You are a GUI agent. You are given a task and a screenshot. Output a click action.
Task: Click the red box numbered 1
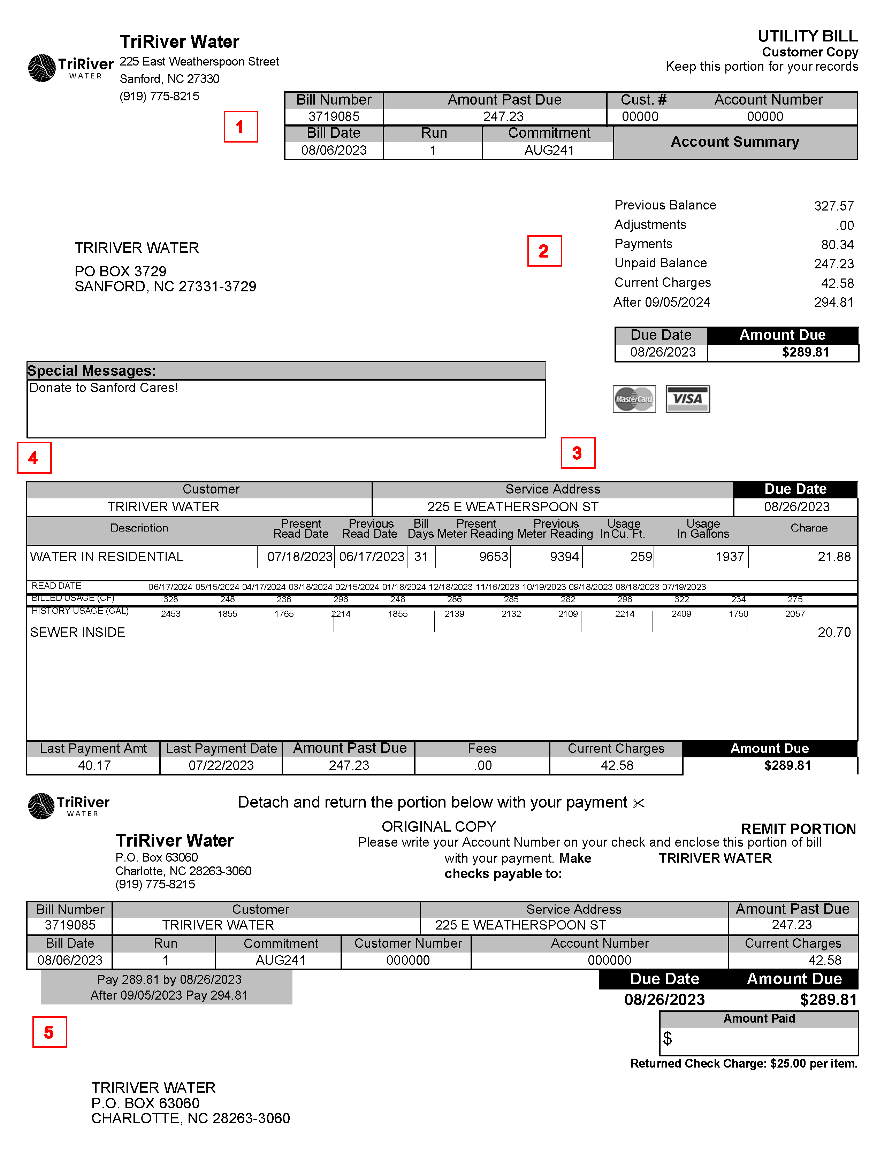[241, 127]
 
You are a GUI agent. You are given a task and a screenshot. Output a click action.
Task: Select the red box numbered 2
[544, 251]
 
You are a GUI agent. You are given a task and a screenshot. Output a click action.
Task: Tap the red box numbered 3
[578, 453]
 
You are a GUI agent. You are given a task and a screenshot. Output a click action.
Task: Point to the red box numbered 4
[34, 458]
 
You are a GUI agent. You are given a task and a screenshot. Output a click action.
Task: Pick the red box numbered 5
[49, 1032]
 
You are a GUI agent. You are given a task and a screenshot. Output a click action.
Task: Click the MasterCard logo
[634, 399]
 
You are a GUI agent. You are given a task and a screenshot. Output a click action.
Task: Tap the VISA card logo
[688, 399]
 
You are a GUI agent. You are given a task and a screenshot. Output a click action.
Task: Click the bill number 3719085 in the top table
[334, 117]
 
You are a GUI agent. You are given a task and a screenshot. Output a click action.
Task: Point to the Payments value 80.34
[837, 245]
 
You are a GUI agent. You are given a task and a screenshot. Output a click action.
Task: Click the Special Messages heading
[92, 370]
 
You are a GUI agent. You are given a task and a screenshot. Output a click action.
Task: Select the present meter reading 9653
[493, 557]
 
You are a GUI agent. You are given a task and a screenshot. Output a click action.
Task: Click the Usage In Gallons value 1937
[730, 557]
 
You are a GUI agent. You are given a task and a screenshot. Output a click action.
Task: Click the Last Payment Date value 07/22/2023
[221, 765]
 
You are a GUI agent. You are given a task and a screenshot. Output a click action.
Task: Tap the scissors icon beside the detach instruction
[639, 803]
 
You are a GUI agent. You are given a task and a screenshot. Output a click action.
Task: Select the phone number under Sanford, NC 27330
[159, 97]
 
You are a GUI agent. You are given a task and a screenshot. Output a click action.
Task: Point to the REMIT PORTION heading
[798, 829]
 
